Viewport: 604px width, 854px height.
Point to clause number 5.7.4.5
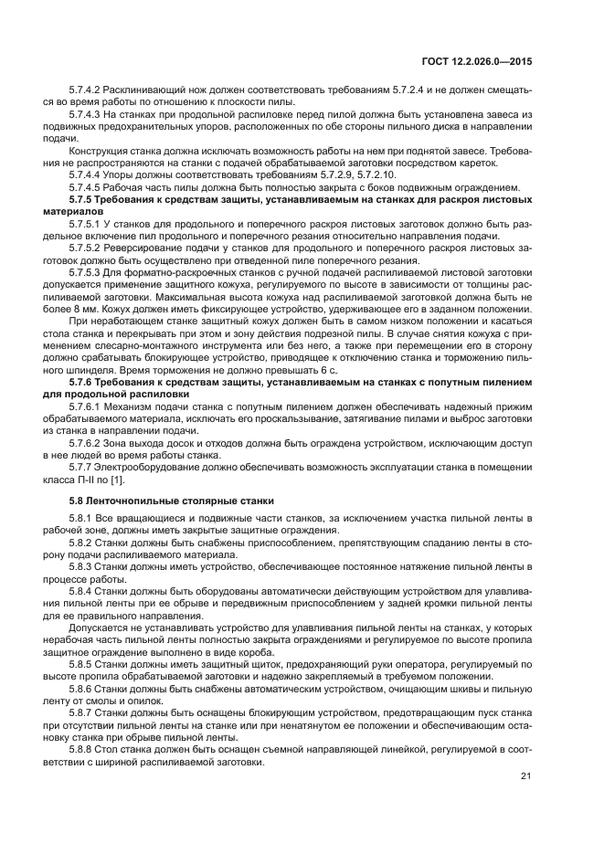(x=86, y=186)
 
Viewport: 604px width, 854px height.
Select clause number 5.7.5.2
(x=86, y=247)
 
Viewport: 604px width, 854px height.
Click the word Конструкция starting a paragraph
(x=99, y=150)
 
